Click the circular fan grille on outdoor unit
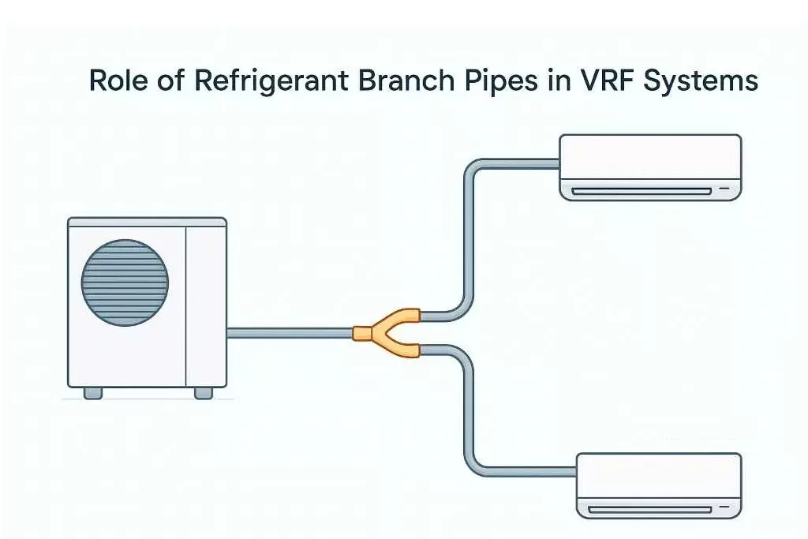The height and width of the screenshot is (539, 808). [125, 283]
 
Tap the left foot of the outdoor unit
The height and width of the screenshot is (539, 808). [93, 392]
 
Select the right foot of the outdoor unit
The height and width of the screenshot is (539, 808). [203, 392]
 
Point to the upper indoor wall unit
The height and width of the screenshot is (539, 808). [650, 167]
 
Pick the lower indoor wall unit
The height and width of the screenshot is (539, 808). [659, 485]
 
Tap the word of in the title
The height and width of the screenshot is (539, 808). [169, 81]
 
